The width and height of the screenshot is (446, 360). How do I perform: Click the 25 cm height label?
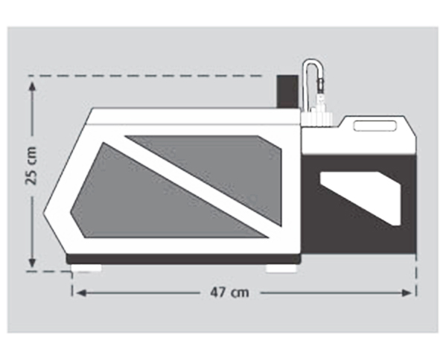31,166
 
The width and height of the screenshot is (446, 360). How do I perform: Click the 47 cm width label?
229,292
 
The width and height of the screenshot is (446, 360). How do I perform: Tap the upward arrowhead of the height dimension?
33,86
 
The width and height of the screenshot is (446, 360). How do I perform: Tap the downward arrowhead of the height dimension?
33,263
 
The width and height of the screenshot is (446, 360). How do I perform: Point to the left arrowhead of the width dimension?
81,293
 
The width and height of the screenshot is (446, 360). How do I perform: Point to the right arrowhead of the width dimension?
407,293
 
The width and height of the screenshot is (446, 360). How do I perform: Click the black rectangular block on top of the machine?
287,91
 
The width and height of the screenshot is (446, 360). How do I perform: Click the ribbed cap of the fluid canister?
317,119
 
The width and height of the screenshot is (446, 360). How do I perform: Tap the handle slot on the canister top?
375,126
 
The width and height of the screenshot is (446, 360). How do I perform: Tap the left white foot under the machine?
86,268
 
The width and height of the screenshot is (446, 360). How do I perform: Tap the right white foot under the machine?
281,269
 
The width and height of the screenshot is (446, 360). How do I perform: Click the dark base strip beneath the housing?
183,259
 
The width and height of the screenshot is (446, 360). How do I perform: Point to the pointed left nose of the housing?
45,213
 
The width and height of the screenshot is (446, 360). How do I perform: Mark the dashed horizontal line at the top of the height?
145,76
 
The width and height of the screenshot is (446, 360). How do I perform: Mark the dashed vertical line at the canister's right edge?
416,275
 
